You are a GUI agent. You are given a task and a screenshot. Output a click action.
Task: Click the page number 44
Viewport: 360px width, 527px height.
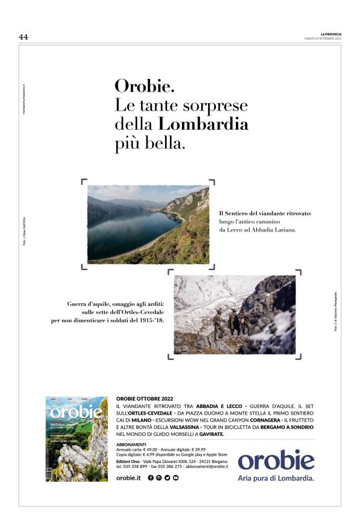pos(24,37)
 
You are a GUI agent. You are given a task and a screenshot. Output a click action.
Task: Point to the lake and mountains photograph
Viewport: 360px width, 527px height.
pos(148,224)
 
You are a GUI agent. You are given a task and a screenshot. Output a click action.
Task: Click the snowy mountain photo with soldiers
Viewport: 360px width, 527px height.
pos(235,315)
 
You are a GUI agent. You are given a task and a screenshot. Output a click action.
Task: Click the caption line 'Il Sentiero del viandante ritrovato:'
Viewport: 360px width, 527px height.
pos(265,214)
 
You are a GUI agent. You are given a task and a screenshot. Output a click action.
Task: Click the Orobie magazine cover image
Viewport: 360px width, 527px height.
pos(76,439)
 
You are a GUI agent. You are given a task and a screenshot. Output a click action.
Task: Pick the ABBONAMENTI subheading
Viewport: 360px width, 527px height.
pos(131,444)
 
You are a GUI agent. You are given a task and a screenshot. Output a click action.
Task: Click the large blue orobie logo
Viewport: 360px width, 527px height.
pos(276,461)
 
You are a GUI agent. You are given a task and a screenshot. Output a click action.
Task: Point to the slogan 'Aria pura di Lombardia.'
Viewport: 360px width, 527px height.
pos(276,478)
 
